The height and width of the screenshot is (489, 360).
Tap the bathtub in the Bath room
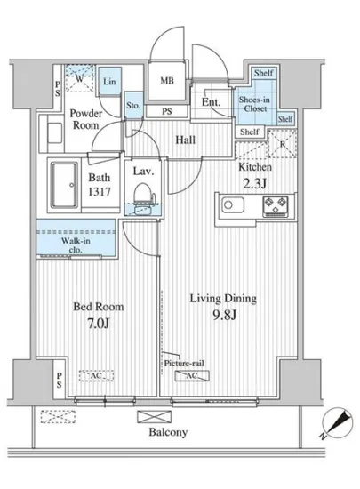point(65,185)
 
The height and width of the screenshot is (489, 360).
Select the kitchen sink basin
point(233,205)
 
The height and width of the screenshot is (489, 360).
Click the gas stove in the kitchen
point(276,206)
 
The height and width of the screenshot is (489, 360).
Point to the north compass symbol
point(337,423)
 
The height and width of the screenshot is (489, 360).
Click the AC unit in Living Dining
point(192,376)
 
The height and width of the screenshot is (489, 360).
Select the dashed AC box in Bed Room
point(96,376)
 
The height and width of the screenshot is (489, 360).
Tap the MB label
point(167,81)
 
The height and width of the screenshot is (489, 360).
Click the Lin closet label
point(109,82)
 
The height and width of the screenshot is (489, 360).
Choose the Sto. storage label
point(133,106)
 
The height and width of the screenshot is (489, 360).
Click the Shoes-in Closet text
point(254,104)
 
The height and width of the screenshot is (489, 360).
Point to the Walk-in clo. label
point(76,245)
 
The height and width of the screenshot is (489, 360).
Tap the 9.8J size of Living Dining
point(224,315)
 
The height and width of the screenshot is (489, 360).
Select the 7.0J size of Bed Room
point(99,324)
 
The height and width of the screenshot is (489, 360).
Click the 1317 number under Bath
point(100,191)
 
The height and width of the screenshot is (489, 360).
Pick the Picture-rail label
point(184,364)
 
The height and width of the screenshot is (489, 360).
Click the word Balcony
point(168,432)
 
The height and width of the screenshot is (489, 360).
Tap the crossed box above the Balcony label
point(155,417)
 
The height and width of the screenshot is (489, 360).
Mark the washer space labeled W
point(80,78)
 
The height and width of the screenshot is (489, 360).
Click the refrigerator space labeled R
point(283,143)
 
